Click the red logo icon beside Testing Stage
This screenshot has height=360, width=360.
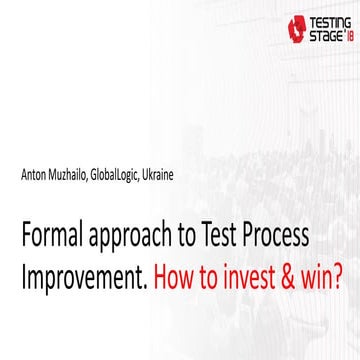coord(293,28)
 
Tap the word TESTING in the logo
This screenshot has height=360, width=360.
coord(325,20)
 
